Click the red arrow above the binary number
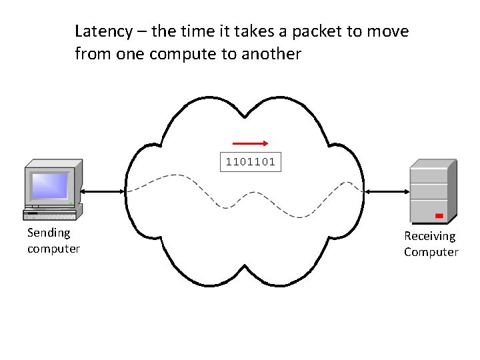[x=250, y=143]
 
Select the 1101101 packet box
[x=251, y=162]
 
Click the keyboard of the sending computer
[x=50, y=215]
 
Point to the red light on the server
[x=439, y=215]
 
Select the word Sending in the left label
[x=49, y=233]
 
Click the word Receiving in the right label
[x=430, y=236]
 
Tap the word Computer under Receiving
[x=431, y=252]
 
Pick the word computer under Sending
[x=53, y=249]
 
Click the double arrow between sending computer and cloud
[x=101, y=191]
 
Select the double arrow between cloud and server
[x=387, y=191]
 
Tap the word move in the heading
[x=390, y=31]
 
